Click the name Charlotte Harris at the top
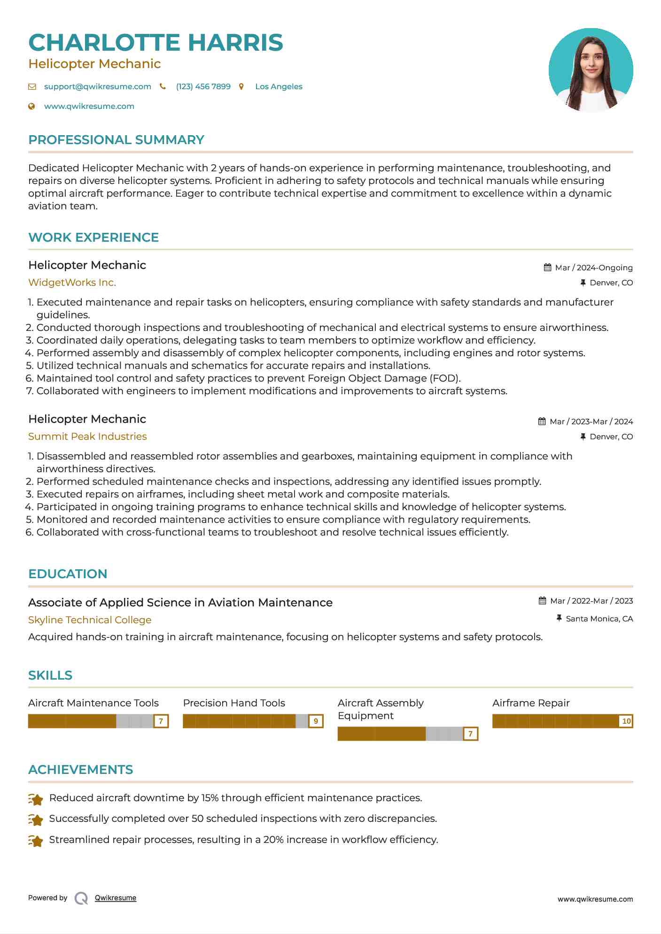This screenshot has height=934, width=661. [x=156, y=43]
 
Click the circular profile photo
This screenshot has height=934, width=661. [x=591, y=70]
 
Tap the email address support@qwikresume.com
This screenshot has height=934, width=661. [x=97, y=87]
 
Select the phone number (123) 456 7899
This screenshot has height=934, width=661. [x=203, y=87]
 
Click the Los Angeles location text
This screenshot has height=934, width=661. [x=279, y=87]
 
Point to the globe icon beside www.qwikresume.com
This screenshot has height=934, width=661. [x=31, y=107]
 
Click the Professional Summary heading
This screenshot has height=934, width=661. [x=116, y=140]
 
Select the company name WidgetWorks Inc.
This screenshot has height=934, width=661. [x=72, y=283]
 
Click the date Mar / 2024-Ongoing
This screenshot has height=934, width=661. [x=593, y=268]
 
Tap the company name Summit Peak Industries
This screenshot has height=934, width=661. [x=87, y=436]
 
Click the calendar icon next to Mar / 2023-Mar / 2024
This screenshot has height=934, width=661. [x=542, y=421]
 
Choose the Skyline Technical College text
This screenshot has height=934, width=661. [x=90, y=620]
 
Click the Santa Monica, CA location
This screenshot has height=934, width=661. [x=599, y=619]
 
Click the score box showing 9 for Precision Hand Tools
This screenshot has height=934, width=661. [x=316, y=721]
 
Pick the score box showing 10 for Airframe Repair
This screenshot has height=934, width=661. [x=626, y=721]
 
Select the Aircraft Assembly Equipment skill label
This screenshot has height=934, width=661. [x=380, y=709]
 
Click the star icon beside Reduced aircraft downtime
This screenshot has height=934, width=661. [x=36, y=799]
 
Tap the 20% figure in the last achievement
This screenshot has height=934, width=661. [x=273, y=840]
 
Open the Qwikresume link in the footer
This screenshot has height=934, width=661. [x=115, y=898]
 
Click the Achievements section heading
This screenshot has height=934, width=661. [x=80, y=770]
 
